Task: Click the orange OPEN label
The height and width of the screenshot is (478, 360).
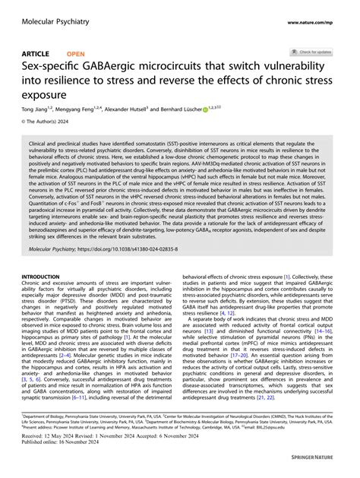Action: [76, 54]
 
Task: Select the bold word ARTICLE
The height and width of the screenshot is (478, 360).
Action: [36, 54]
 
